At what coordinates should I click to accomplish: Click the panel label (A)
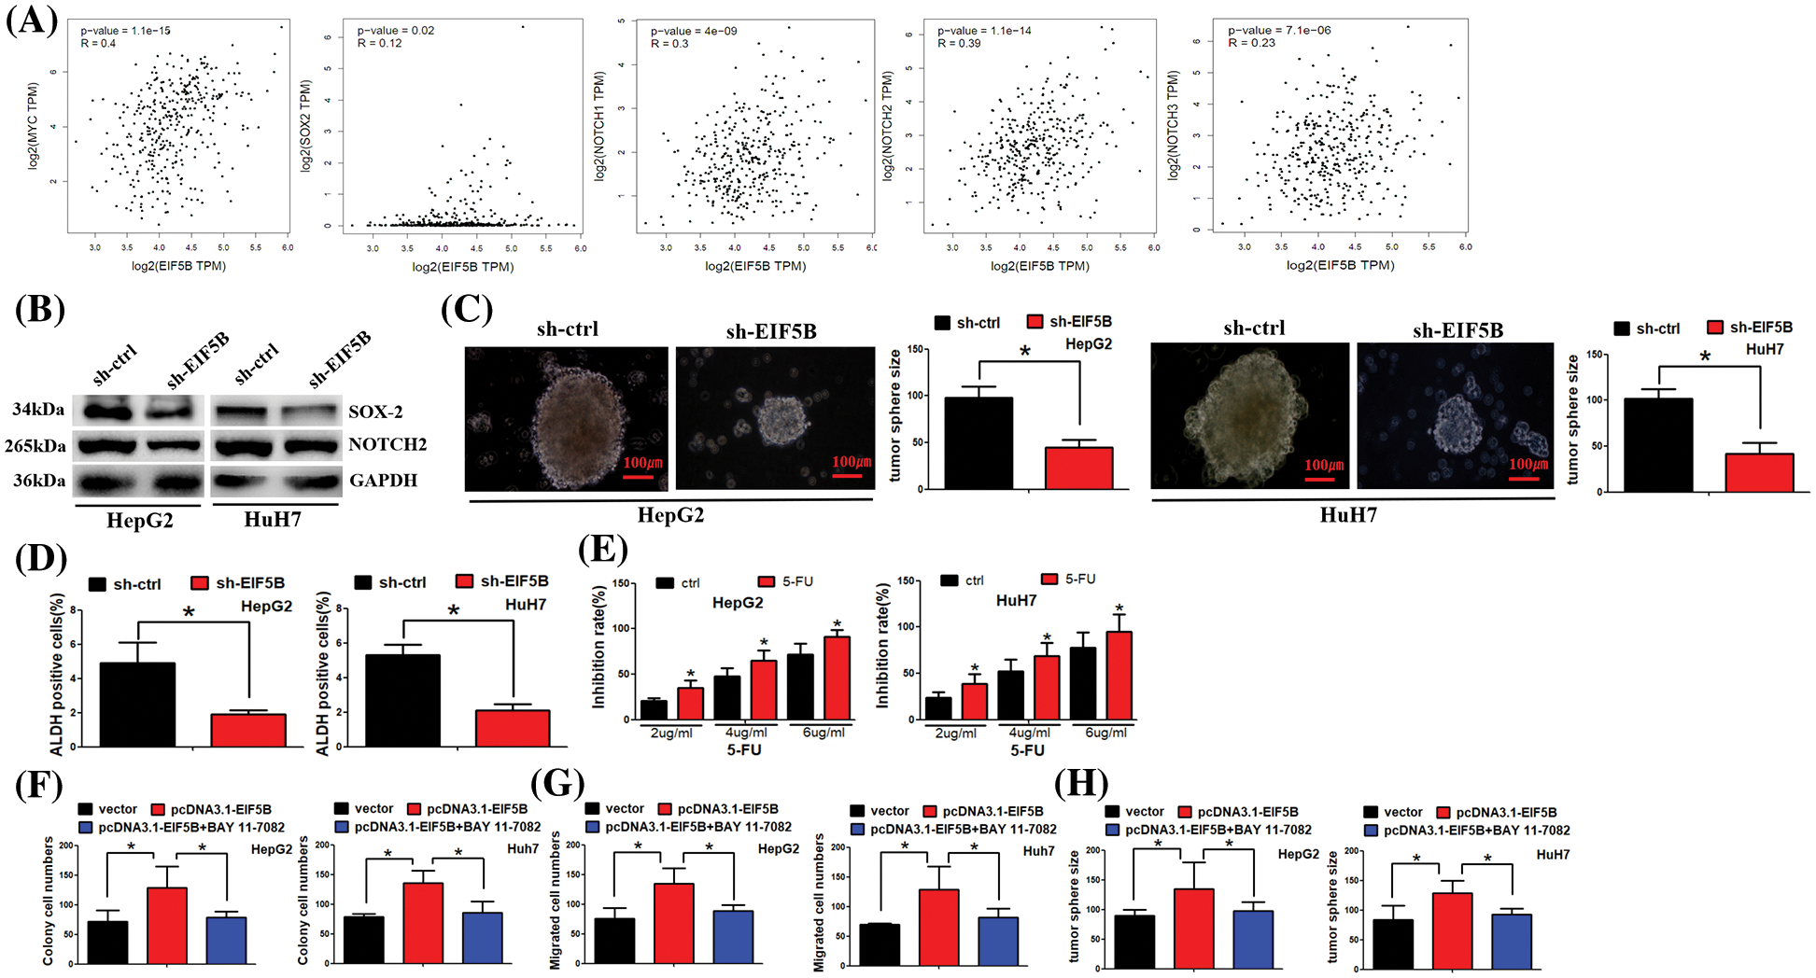point(32,19)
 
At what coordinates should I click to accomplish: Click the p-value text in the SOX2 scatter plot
point(396,30)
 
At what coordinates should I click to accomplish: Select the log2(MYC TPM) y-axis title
point(34,125)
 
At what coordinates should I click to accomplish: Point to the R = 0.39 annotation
point(959,44)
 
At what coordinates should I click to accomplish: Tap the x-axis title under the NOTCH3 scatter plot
point(1340,265)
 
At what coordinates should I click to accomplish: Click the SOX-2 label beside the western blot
point(375,412)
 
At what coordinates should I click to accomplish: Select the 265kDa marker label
point(35,446)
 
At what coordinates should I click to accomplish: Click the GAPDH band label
point(383,481)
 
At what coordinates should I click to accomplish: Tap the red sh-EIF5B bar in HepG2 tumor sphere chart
point(1078,468)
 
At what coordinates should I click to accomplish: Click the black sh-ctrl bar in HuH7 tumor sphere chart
point(1658,444)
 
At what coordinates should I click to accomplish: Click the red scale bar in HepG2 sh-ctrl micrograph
point(638,476)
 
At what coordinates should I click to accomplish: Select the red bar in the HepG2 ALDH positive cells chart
point(248,730)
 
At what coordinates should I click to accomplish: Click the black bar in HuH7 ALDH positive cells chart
point(402,700)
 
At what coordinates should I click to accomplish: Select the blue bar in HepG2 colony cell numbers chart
point(226,940)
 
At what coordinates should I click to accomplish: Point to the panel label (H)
point(1081,783)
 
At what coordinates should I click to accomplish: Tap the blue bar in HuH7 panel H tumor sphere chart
point(1511,941)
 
